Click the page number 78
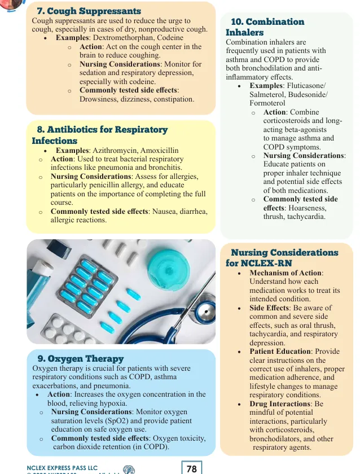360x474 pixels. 191,468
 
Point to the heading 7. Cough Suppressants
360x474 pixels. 89,11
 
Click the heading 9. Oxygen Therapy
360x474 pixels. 80,359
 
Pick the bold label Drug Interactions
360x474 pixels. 280,404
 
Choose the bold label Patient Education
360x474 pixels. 280,352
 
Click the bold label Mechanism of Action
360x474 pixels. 286,273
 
